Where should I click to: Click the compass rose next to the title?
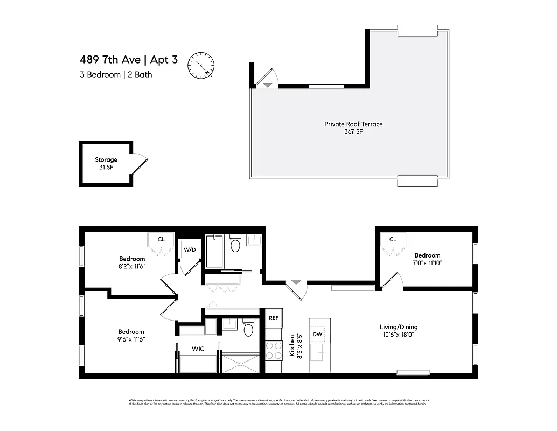tap(201, 65)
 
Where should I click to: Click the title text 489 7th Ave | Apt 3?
tap(128, 60)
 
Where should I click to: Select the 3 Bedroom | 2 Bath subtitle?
tap(115, 75)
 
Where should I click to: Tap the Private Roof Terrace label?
tap(353, 124)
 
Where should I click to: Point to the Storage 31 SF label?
tap(106, 163)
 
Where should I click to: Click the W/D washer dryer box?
tap(190, 249)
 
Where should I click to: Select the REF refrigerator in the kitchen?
tap(274, 318)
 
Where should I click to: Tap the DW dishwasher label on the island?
tap(318, 335)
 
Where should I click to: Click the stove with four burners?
tap(274, 351)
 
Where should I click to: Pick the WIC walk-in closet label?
tap(198, 349)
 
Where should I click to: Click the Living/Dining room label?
tap(399, 327)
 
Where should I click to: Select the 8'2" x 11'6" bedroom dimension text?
tap(132, 266)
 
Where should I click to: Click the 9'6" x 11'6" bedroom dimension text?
tap(131, 339)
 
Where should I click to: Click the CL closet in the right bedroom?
tap(393, 239)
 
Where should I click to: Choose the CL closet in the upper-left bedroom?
tap(161, 239)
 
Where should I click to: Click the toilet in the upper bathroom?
tap(235, 245)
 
